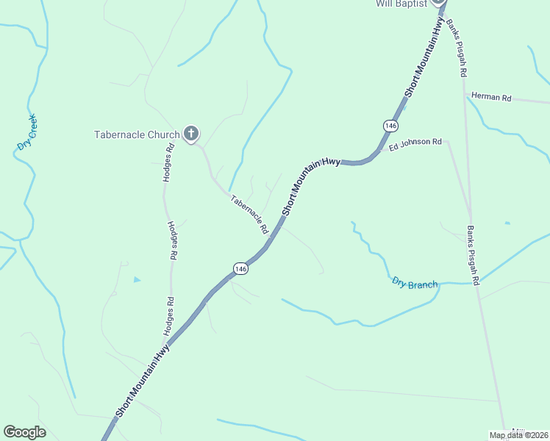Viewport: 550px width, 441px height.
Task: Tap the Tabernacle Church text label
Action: pos(137,135)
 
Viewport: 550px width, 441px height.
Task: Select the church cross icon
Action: pos(190,133)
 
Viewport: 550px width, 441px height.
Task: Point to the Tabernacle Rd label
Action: pos(249,215)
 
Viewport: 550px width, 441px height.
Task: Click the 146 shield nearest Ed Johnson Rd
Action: pos(389,126)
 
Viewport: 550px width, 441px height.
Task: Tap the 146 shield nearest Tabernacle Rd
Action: pos(240,269)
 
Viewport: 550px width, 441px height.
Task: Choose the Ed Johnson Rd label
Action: pos(415,143)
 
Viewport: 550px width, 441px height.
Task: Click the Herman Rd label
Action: pos(490,96)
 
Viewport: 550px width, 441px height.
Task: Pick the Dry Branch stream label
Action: pos(415,283)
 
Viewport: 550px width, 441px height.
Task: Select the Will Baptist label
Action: pos(401,4)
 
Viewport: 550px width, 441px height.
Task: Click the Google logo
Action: pos(24,431)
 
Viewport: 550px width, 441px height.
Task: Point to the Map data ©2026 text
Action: pos(518,435)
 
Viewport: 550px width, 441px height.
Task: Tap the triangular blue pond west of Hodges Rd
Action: pos(137,279)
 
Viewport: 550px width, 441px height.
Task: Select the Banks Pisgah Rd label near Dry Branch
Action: pos(473,254)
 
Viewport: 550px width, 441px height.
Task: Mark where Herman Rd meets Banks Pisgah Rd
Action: pos(465,96)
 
